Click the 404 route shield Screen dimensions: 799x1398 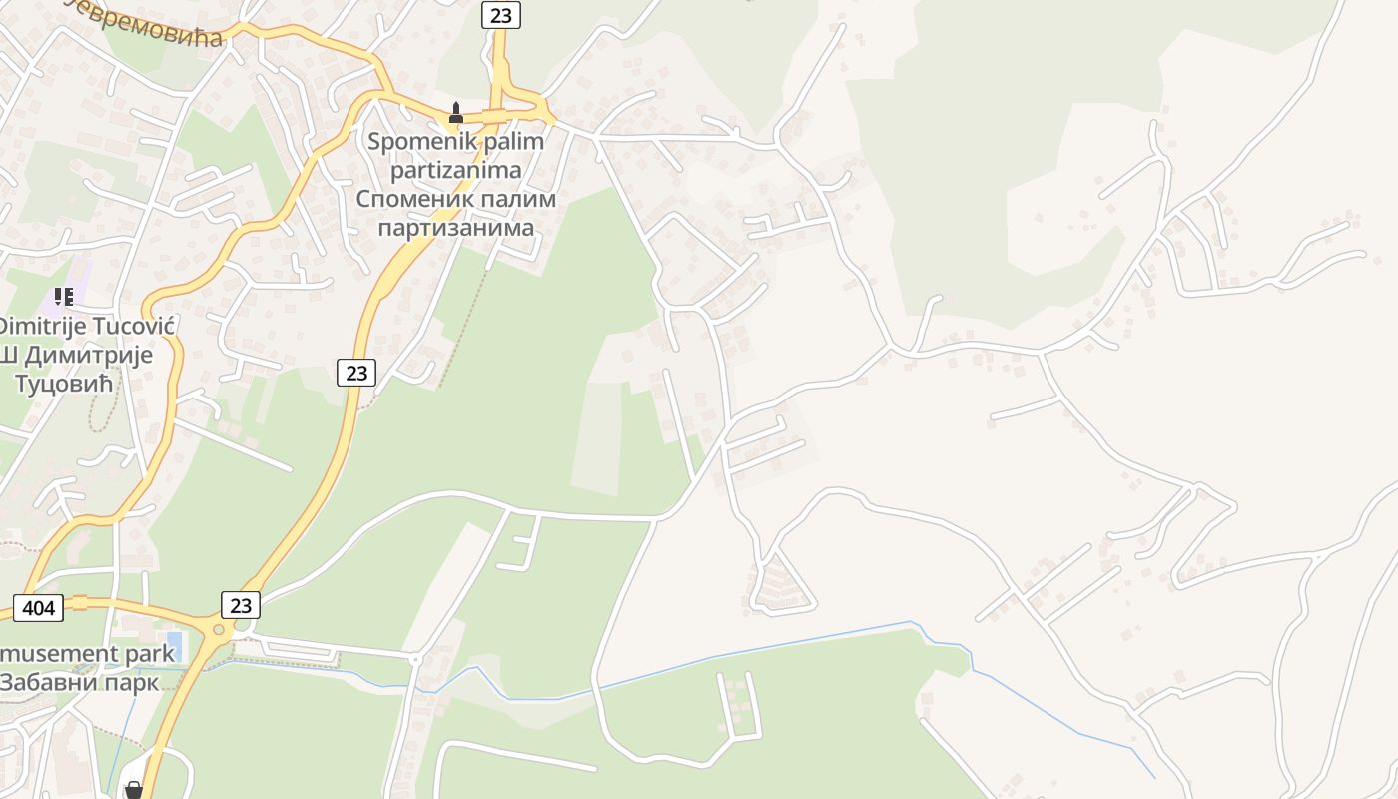[38, 606]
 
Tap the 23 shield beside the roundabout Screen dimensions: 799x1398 [241, 604]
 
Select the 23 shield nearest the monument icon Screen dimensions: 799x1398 [500, 14]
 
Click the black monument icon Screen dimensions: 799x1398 [456, 113]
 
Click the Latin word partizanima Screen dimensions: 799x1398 [455, 170]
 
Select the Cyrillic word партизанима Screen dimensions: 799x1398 [455, 227]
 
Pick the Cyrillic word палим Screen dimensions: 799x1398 [514, 198]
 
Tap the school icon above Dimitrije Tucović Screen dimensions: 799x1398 [64, 297]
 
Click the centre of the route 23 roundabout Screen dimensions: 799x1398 [218, 630]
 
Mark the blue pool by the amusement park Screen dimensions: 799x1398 [175, 640]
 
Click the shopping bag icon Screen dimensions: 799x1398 [133, 790]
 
